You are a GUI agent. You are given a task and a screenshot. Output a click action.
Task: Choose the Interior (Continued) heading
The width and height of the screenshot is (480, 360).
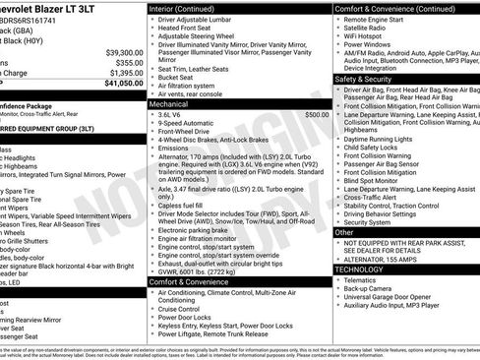click(190, 8)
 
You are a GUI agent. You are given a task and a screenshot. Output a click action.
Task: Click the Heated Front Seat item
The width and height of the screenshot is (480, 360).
click(188, 30)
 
